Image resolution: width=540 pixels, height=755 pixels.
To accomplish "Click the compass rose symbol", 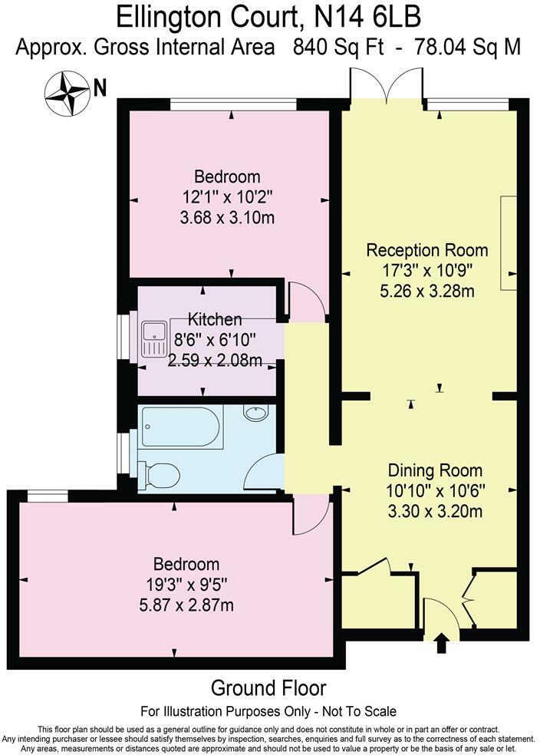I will point(67,91).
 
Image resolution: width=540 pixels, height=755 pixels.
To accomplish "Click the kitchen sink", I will point(155,338).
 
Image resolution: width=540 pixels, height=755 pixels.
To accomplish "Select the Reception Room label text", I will point(426,250).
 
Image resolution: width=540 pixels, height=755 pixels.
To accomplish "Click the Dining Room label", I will point(435,470).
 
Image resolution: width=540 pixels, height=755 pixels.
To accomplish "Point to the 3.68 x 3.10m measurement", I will point(224,217).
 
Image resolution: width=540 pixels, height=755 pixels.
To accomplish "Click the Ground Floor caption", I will point(268,688).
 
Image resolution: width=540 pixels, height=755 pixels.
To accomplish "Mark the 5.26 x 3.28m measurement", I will point(427,291).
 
